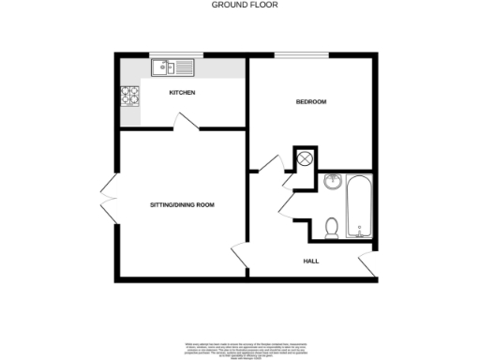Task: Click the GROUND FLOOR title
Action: coord(240,6)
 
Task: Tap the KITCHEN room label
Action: coord(182,93)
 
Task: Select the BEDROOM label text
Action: coord(311,101)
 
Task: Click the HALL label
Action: coord(309,261)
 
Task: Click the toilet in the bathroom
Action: coord(330,227)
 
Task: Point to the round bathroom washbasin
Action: coord(333,182)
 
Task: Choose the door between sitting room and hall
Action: coord(239,255)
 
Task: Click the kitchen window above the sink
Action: coord(176,55)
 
